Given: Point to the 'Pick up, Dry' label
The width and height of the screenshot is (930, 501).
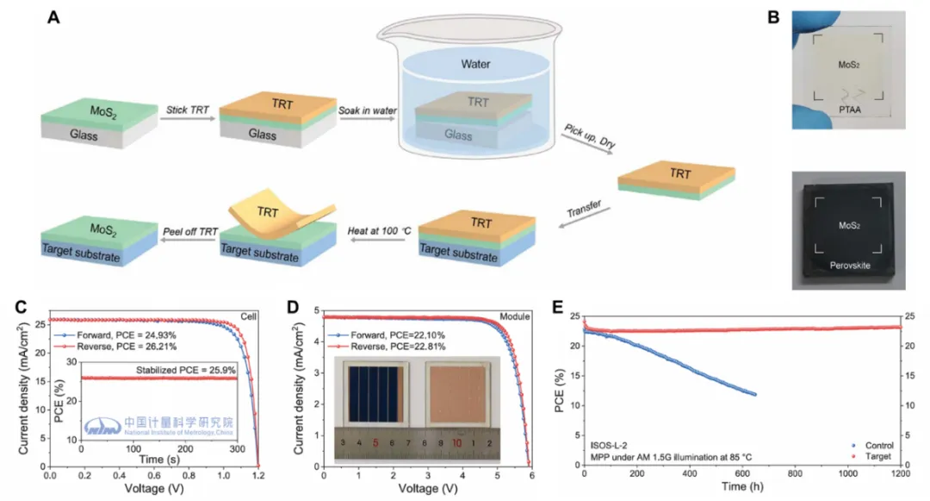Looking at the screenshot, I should click(x=586, y=137).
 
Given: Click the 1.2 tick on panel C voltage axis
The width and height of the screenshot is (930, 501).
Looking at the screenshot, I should click(x=259, y=476).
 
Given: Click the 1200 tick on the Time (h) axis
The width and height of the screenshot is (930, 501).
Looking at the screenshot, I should click(x=901, y=476).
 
